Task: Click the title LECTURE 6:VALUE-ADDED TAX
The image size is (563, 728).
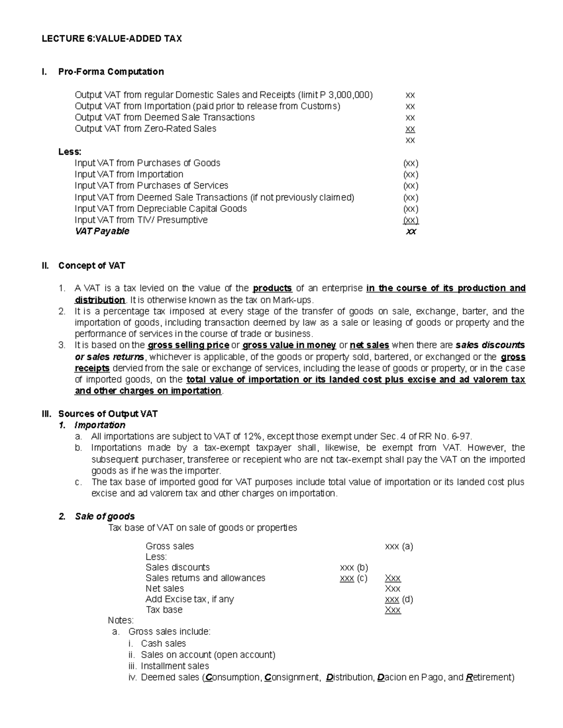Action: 112,39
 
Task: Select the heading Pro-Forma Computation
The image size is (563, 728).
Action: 111,72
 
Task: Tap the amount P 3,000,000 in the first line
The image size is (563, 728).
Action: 345,95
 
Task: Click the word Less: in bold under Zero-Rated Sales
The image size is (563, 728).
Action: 70,152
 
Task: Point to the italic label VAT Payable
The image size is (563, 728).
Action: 102,232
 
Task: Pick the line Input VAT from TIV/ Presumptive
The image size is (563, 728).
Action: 141,220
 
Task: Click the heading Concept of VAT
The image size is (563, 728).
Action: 91,266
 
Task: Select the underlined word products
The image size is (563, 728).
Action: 272,288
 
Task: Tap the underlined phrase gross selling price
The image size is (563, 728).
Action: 188,345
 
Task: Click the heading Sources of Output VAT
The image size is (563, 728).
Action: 108,414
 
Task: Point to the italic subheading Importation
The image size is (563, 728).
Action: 100,425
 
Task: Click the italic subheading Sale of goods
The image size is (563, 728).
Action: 105,517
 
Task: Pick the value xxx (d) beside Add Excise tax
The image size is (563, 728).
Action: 399,599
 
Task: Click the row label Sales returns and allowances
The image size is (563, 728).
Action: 205,578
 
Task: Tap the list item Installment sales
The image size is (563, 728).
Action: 175,666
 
